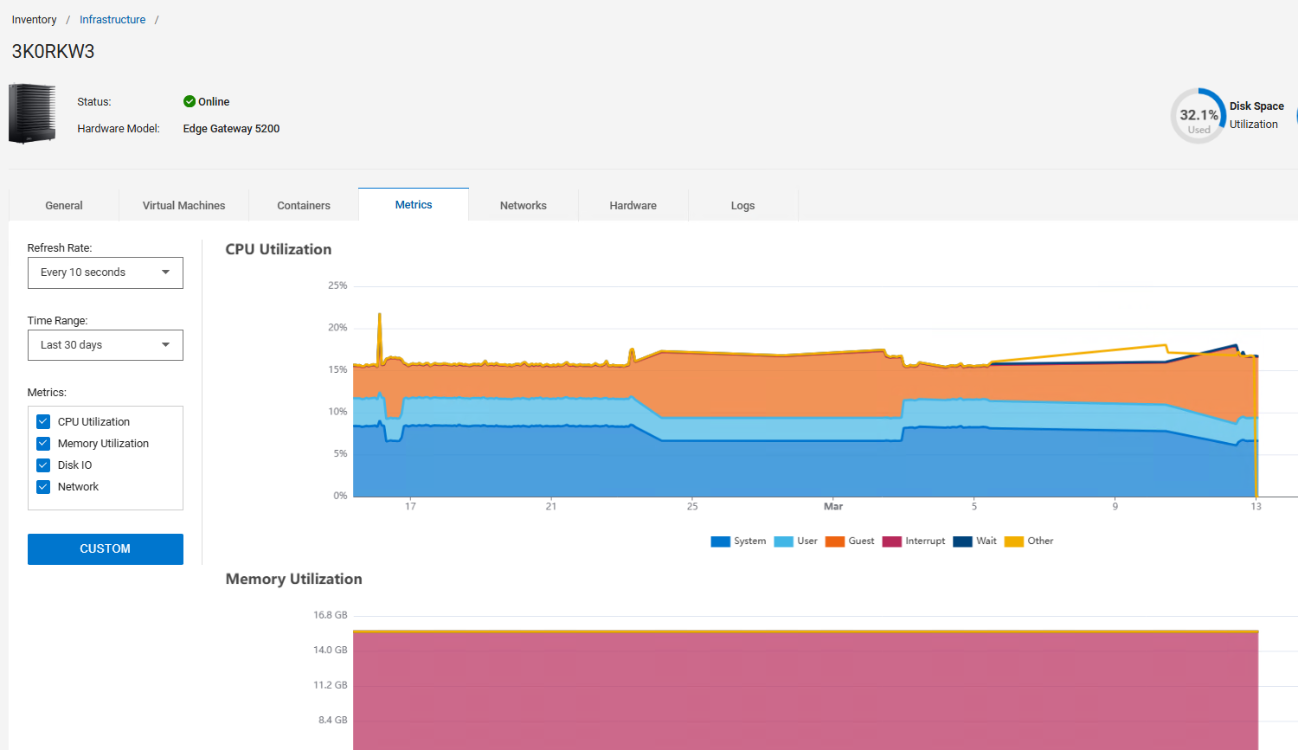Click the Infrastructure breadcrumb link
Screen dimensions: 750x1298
pyautogui.click(x=112, y=20)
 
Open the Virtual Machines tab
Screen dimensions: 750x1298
pyautogui.click(x=183, y=206)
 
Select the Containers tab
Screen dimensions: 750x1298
pyautogui.click(x=304, y=206)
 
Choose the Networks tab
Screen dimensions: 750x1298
pyautogui.click(x=524, y=206)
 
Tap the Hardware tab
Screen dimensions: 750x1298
pyautogui.click(x=633, y=206)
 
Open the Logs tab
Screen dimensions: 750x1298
pyautogui.click(x=742, y=206)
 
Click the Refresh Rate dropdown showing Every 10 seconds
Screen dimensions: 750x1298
pyautogui.click(x=106, y=272)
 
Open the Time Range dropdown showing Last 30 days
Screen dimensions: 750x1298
pyautogui.click(x=106, y=345)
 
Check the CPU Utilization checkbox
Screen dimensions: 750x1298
pyautogui.click(x=43, y=422)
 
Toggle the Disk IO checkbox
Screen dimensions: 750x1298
pyautogui.click(x=43, y=465)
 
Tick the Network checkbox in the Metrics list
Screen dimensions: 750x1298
pyautogui.click(x=43, y=487)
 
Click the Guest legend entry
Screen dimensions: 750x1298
pyautogui.click(x=850, y=542)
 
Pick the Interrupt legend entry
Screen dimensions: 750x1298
pyautogui.click(x=914, y=542)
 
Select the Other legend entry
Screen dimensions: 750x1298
pyautogui.click(x=1029, y=542)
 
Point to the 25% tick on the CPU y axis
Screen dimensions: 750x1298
pyautogui.click(x=337, y=285)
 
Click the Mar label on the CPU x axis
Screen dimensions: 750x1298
pyautogui.click(x=833, y=507)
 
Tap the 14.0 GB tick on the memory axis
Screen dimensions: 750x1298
pyautogui.click(x=330, y=650)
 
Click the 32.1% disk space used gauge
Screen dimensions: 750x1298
pyautogui.click(x=1198, y=116)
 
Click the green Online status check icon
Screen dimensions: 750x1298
pyautogui.click(x=190, y=102)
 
